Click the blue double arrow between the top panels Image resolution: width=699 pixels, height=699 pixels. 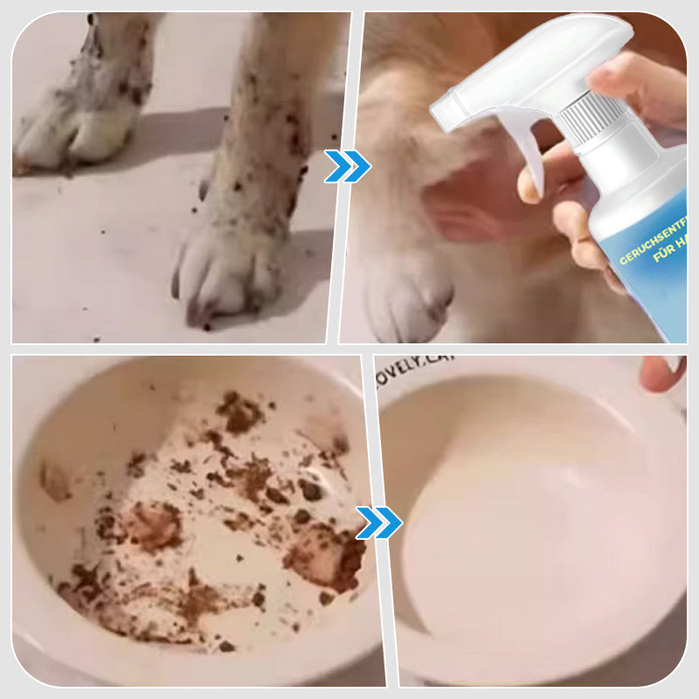(x=347, y=166)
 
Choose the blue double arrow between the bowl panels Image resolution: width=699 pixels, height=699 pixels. (x=378, y=523)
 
